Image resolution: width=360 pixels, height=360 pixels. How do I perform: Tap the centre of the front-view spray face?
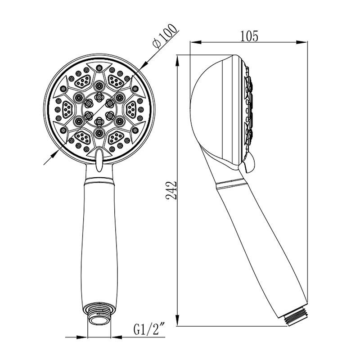(x=99, y=110)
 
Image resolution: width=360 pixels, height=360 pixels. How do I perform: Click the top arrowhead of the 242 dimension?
(x=178, y=58)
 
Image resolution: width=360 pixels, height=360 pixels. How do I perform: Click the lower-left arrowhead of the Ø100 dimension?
(x=54, y=153)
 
